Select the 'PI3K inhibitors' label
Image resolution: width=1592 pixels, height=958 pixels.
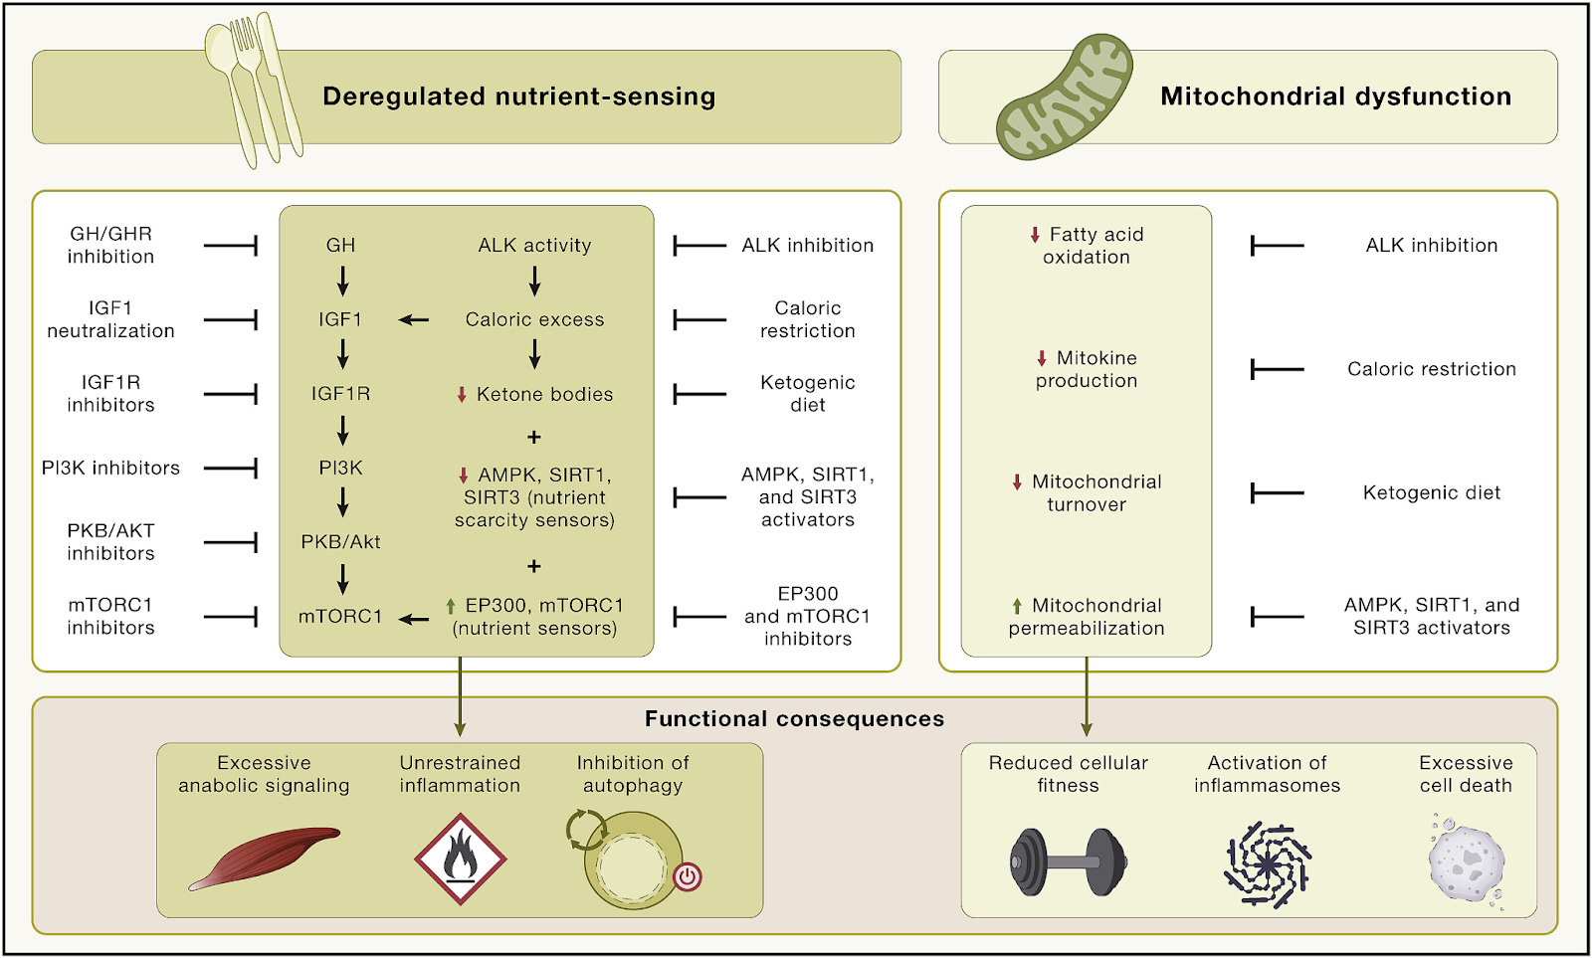(x=110, y=468)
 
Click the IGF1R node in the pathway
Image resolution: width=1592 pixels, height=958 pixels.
(x=340, y=394)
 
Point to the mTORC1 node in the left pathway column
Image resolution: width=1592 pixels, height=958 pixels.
(x=340, y=617)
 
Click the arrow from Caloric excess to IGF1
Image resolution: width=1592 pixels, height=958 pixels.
(x=414, y=320)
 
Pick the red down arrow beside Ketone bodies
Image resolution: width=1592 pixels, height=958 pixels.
(x=462, y=395)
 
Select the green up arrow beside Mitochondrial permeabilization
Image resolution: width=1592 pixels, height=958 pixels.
(x=1017, y=606)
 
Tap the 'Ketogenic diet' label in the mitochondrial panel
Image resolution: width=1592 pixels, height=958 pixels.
(x=1431, y=492)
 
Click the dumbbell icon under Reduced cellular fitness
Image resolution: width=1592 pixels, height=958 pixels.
(x=1068, y=862)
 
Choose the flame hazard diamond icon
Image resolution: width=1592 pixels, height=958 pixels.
(x=460, y=859)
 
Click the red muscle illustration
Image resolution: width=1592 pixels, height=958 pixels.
(x=265, y=857)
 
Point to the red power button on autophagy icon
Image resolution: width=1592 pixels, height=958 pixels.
(x=688, y=876)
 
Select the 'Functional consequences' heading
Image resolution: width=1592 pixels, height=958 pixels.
(x=794, y=719)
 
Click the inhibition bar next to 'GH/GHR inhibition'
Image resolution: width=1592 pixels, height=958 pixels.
(x=231, y=245)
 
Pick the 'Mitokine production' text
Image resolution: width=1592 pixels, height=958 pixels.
(x=1086, y=369)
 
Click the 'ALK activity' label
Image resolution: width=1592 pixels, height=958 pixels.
(x=534, y=246)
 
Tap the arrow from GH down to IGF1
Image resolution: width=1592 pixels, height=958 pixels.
(x=342, y=282)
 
